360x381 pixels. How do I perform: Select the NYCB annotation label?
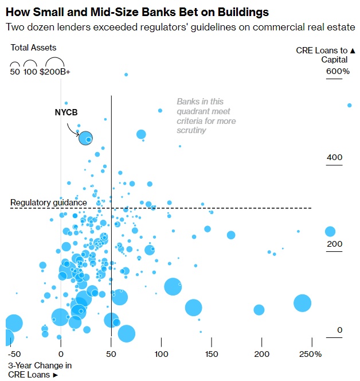[66, 112]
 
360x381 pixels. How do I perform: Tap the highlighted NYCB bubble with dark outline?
[85, 138]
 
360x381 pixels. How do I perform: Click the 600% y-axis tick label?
[338, 72]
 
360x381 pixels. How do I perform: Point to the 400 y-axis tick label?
[334, 158]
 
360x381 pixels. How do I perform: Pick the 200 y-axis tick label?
[334, 244]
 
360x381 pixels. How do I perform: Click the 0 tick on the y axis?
[340, 330]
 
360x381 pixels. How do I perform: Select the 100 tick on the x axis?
[161, 354]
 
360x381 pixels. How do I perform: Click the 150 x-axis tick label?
[212, 354]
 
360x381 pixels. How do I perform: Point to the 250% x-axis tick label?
[310, 354]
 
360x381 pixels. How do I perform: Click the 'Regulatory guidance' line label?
[49, 203]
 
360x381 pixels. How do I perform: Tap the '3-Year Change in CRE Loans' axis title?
[40, 370]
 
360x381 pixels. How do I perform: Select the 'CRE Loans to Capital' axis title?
[325, 55]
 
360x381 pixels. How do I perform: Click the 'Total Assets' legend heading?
[33, 48]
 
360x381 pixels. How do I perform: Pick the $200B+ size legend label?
[55, 72]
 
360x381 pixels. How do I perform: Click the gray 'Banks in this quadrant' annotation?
[206, 116]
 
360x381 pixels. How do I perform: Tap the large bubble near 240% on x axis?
[302, 303]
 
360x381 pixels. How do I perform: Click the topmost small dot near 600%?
[126, 75]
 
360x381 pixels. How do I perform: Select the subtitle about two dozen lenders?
[179, 28]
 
